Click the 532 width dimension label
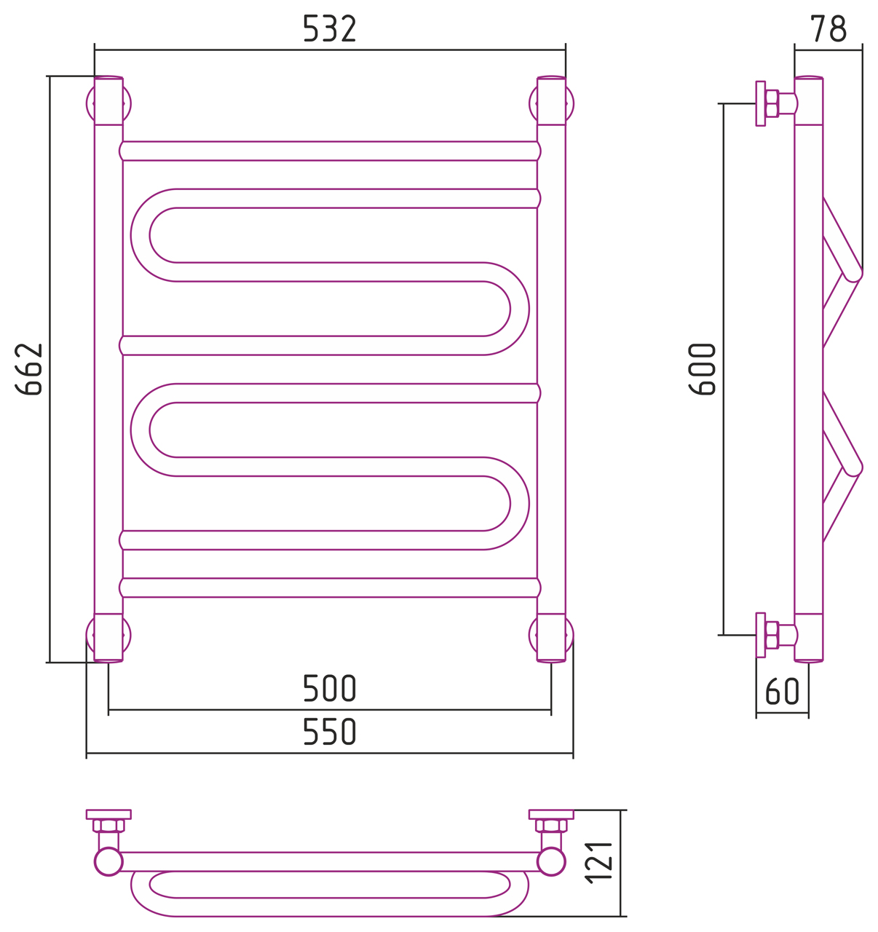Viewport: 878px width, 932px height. pos(329,28)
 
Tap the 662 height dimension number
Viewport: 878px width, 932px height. pos(28,369)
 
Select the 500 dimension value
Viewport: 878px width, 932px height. pos(329,688)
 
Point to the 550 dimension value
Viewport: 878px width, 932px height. pos(329,731)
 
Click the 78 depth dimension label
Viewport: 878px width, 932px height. pos(828,28)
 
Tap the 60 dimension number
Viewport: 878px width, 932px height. pos(782,692)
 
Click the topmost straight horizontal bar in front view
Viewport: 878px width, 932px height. pos(330,151)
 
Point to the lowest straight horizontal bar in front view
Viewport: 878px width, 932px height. pos(330,588)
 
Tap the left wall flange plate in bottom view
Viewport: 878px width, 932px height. pos(108,814)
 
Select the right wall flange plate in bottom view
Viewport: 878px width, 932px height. pos(551,814)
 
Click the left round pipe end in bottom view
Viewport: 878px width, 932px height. pos(108,861)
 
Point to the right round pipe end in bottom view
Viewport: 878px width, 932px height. pos(551,861)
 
